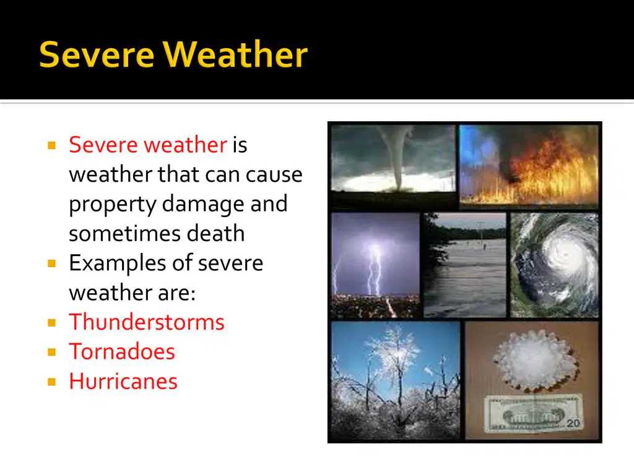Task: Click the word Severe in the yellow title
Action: [97, 54]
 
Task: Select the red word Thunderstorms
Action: [146, 322]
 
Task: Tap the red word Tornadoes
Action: [122, 351]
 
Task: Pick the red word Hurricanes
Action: [123, 381]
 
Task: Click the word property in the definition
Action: [113, 204]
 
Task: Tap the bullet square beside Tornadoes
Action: [52, 352]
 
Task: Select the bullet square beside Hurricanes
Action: [52, 382]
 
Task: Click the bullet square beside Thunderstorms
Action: [52, 322]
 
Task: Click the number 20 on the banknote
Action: [573, 423]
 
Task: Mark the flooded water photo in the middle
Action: [465, 265]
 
